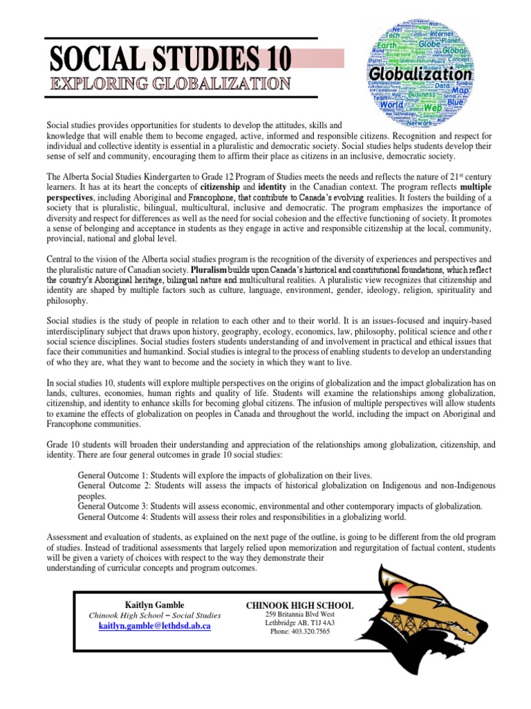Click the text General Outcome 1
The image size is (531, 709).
point(115,476)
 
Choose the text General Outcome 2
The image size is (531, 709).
point(115,486)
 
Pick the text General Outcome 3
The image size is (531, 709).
point(115,507)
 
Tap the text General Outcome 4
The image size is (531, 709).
point(115,517)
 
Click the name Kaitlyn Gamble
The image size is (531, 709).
point(155,604)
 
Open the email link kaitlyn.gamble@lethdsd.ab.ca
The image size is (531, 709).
point(155,625)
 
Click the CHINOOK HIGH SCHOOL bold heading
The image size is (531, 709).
point(300,605)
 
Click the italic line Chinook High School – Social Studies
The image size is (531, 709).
point(155,615)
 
